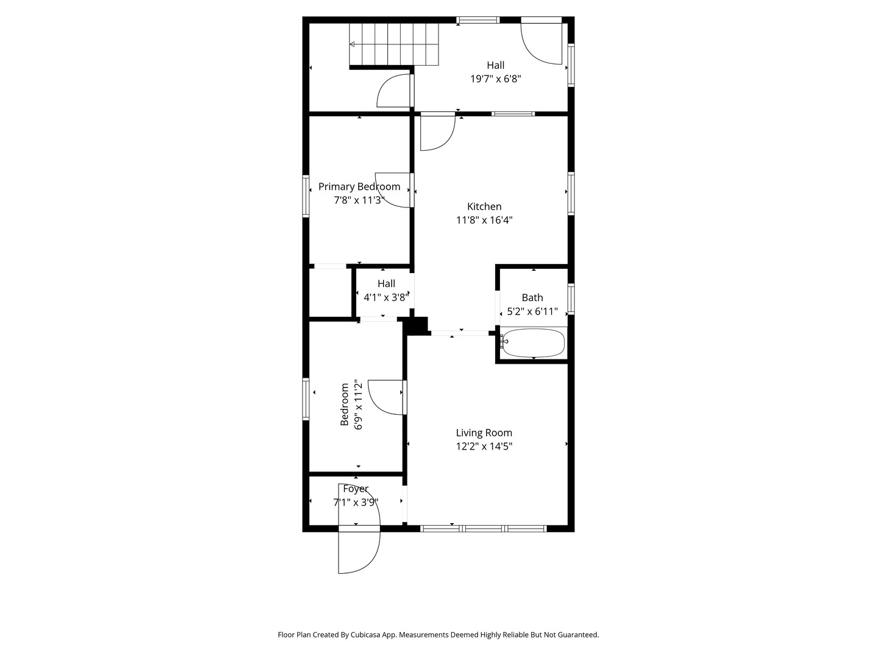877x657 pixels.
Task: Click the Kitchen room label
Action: coord(484,206)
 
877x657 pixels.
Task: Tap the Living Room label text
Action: coord(484,433)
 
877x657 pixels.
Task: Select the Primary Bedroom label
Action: coord(359,187)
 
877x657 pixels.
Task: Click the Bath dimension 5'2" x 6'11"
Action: coord(532,311)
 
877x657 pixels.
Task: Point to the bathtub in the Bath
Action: coord(533,342)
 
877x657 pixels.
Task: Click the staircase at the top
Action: coord(394,44)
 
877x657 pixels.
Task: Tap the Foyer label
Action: coord(356,488)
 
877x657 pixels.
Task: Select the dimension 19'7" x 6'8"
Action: coord(495,78)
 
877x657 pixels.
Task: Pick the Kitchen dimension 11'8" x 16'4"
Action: coord(484,220)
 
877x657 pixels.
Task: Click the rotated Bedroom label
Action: coord(345,404)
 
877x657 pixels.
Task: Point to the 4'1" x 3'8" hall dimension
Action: coord(386,297)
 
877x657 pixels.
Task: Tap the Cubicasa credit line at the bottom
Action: coord(438,634)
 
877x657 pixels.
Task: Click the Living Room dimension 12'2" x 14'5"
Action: coord(484,446)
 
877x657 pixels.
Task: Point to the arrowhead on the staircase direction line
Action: coord(352,44)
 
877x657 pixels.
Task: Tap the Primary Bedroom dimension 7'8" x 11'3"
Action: coord(359,200)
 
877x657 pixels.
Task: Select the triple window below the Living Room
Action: coord(484,529)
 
